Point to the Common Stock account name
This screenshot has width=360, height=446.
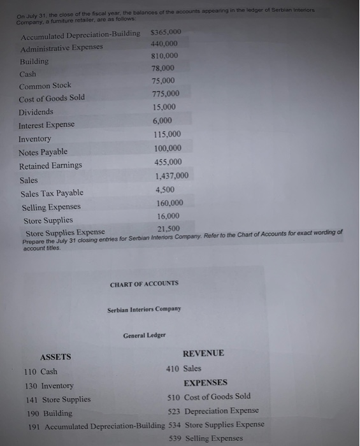tap(45, 85)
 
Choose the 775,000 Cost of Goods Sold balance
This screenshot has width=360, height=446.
tap(167, 94)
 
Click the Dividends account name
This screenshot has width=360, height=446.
tap(36, 111)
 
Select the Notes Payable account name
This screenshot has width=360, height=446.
tap(43, 152)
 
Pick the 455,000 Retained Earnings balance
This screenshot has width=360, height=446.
tap(168, 162)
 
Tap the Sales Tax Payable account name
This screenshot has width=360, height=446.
tap(52, 193)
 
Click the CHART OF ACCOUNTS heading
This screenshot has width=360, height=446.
tap(144, 283)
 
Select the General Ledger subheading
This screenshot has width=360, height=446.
tap(144, 334)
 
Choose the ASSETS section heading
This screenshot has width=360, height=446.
tap(55, 357)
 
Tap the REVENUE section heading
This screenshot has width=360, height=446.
tap(203, 353)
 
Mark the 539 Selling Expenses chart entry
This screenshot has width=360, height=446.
tap(206, 438)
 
